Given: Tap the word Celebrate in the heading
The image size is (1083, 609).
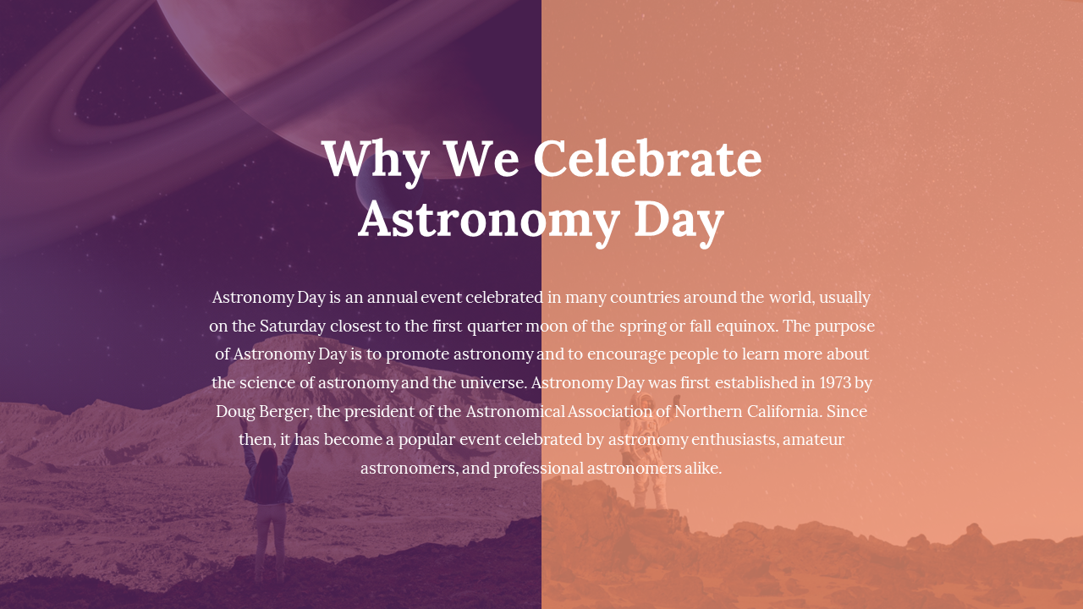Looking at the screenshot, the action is click(648, 158).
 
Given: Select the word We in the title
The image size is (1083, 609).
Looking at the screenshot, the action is click(481, 158).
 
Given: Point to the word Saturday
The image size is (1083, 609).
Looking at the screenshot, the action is click(293, 326).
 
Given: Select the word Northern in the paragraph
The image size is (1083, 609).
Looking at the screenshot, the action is click(708, 411).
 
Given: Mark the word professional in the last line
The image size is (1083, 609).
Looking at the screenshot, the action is click(539, 469).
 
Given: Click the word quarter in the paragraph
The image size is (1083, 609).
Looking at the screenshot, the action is click(495, 326).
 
